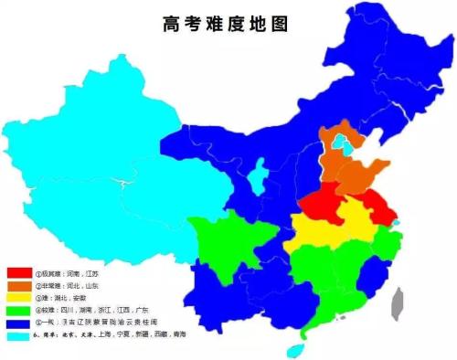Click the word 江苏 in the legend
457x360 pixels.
click(95, 272)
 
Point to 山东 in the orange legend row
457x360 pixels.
click(95, 285)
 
